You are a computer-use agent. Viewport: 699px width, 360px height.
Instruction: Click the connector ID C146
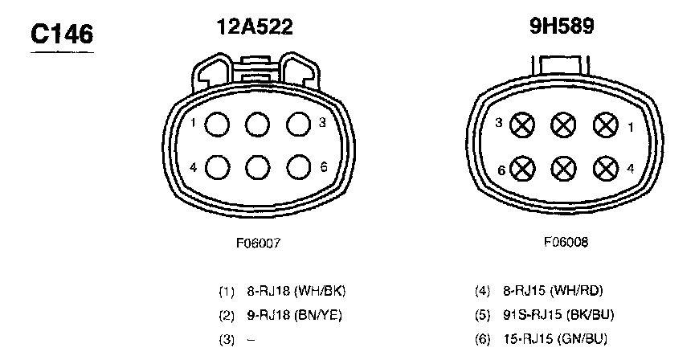[x=62, y=35]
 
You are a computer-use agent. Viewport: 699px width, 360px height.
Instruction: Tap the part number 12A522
[x=255, y=27]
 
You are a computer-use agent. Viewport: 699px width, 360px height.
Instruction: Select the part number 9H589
[x=562, y=27]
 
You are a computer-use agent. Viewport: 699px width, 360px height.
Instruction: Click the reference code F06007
[x=259, y=243]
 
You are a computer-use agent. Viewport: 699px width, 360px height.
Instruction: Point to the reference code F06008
[x=566, y=242]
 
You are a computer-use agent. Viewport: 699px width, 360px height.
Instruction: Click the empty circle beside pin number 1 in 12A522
[x=217, y=125]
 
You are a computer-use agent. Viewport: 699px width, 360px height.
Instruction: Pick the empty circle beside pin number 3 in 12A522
[x=299, y=125]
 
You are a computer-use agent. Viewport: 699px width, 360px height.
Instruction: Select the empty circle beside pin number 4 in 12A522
[x=218, y=168]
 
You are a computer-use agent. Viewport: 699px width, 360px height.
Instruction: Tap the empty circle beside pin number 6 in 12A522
[x=299, y=168]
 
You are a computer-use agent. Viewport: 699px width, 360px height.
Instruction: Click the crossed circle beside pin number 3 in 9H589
[x=522, y=125]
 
